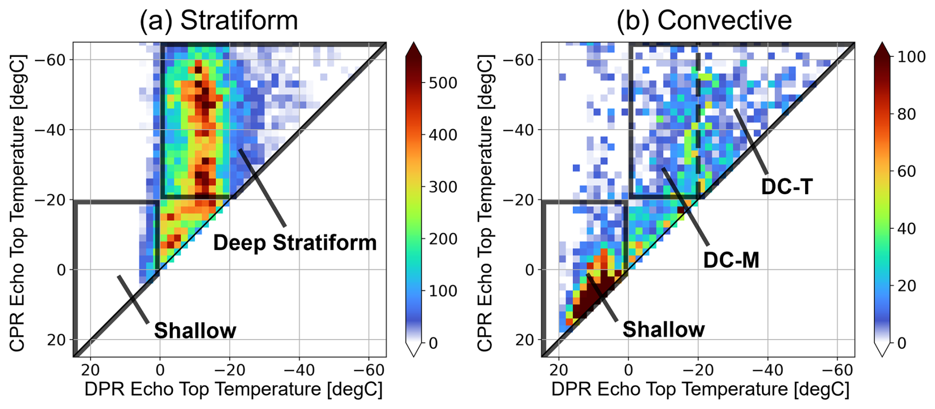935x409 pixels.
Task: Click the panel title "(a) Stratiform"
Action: [218, 21]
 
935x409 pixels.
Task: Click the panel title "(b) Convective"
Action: [704, 21]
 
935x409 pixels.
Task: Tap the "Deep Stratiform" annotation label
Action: [295, 243]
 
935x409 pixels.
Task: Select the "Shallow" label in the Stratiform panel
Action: [195, 330]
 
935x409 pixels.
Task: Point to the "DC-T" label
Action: [787, 187]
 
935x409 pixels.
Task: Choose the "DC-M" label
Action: [731, 260]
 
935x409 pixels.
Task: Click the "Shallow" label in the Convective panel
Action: [664, 329]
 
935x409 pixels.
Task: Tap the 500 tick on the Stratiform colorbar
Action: [443, 82]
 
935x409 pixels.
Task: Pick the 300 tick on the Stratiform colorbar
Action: [443, 187]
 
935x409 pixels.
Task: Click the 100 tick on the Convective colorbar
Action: [911, 57]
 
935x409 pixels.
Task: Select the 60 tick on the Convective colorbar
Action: [906, 171]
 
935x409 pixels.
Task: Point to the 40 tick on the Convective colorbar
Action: [906, 229]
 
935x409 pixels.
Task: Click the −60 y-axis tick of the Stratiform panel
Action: [49, 60]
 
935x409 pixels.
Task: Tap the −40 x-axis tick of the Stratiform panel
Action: [299, 369]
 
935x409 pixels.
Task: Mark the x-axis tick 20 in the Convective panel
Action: [558, 369]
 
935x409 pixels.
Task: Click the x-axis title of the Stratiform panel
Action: [233, 390]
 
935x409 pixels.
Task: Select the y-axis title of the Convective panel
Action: [485, 203]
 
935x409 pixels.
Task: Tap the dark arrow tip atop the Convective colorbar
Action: [883, 48]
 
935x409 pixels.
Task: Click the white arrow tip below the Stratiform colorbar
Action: [414, 350]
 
